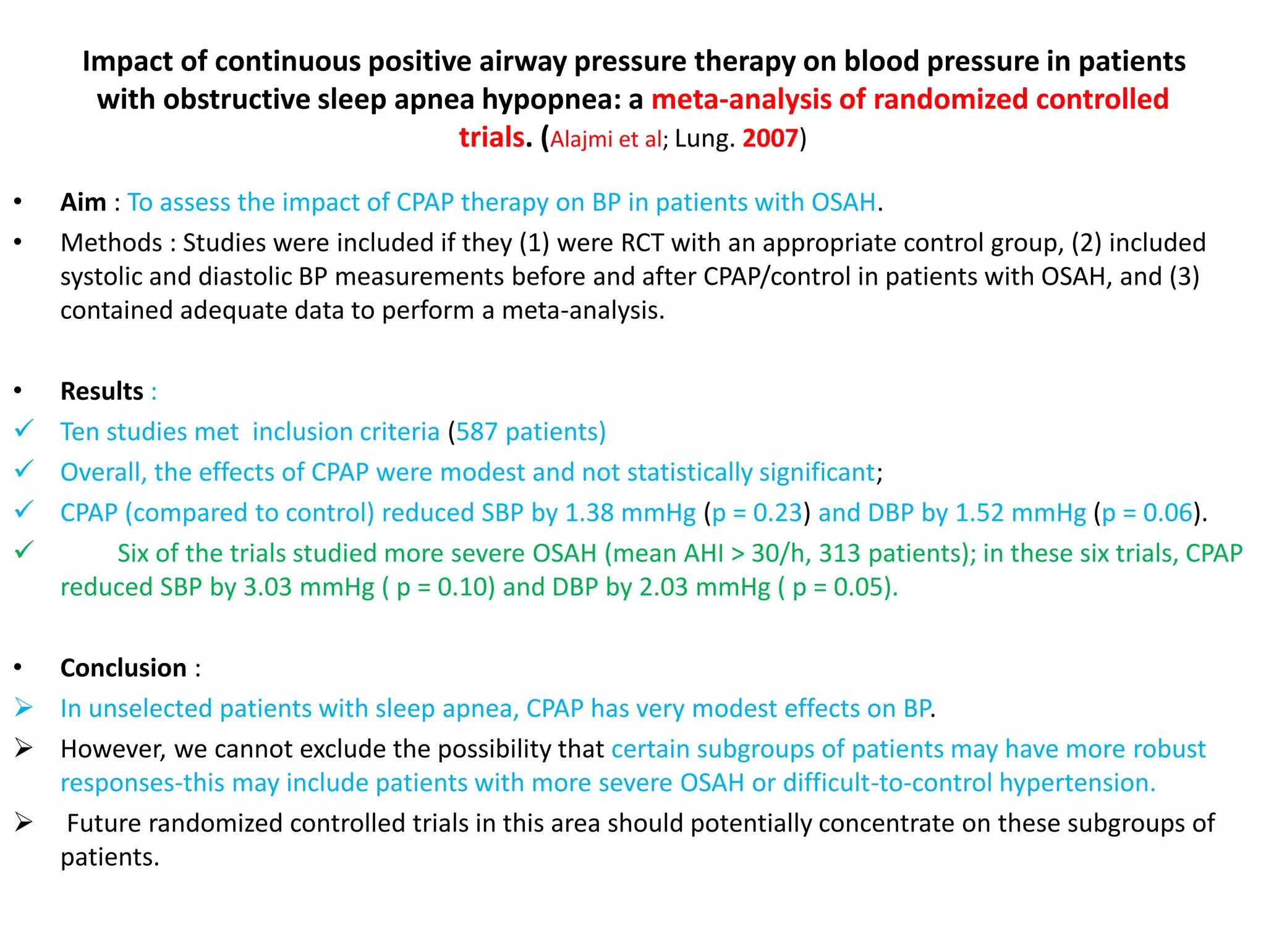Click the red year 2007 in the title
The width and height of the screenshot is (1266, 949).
tap(770, 138)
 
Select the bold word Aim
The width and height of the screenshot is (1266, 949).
tap(83, 203)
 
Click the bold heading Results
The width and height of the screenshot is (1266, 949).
tap(102, 392)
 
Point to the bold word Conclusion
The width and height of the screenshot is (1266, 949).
tap(124, 669)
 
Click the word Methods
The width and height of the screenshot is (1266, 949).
tap(111, 243)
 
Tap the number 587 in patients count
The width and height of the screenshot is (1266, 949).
tap(477, 432)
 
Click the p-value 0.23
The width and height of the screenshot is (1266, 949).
tap(778, 513)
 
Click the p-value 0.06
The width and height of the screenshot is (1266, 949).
tap(1168, 513)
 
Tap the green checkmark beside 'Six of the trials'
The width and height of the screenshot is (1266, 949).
tap(24, 549)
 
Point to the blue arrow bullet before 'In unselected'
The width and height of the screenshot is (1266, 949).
tap(24, 708)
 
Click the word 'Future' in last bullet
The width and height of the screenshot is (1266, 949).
tap(104, 824)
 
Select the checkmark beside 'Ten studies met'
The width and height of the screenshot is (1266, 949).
tap(24, 428)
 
